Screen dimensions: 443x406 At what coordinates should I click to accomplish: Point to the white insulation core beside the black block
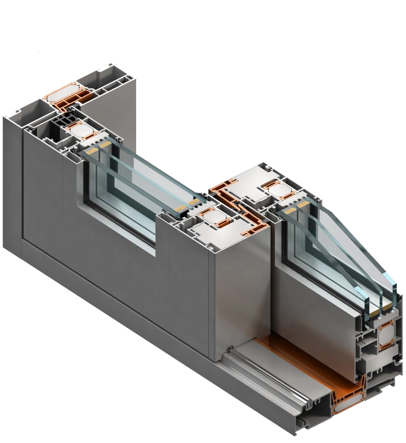[x=81, y=130]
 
